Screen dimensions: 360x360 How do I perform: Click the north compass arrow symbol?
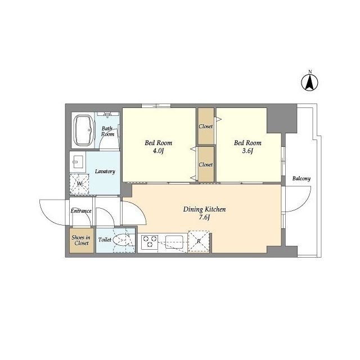[309, 83]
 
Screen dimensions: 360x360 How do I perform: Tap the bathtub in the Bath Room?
[84, 130]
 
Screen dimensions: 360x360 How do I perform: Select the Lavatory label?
[105, 172]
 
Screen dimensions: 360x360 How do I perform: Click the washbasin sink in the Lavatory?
[78, 162]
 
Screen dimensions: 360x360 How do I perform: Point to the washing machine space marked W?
[79, 184]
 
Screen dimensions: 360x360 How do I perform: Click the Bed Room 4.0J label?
[159, 147]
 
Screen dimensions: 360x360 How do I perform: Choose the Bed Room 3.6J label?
[247, 147]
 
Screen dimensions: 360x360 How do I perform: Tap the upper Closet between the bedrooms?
[206, 126]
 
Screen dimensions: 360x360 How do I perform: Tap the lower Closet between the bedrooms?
[206, 164]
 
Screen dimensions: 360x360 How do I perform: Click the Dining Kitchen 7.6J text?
[204, 213]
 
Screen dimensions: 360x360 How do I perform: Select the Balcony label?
[301, 179]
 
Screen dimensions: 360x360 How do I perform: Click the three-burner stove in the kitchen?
[150, 242]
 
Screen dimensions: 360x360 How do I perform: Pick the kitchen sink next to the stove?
[174, 242]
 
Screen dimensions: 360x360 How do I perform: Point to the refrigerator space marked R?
[199, 241]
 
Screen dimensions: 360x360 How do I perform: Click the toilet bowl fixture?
[121, 240]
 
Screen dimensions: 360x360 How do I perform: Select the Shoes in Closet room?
[82, 240]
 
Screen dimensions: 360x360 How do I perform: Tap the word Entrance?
[81, 211]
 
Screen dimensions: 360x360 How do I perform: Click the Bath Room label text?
[107, 131]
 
